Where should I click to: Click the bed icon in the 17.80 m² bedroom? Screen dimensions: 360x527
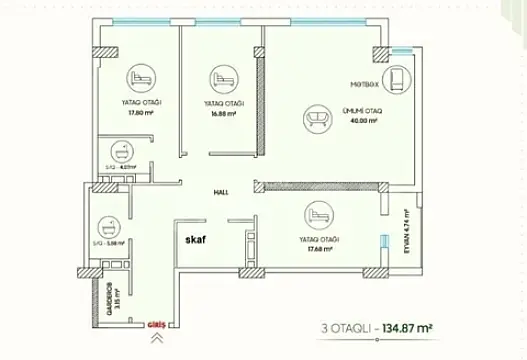coord(140,77)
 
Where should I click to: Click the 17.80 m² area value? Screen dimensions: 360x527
coord(139,113)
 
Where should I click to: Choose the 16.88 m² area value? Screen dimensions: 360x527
coord(223,113)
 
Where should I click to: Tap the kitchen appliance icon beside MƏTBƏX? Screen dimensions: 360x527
coord(401,79)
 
